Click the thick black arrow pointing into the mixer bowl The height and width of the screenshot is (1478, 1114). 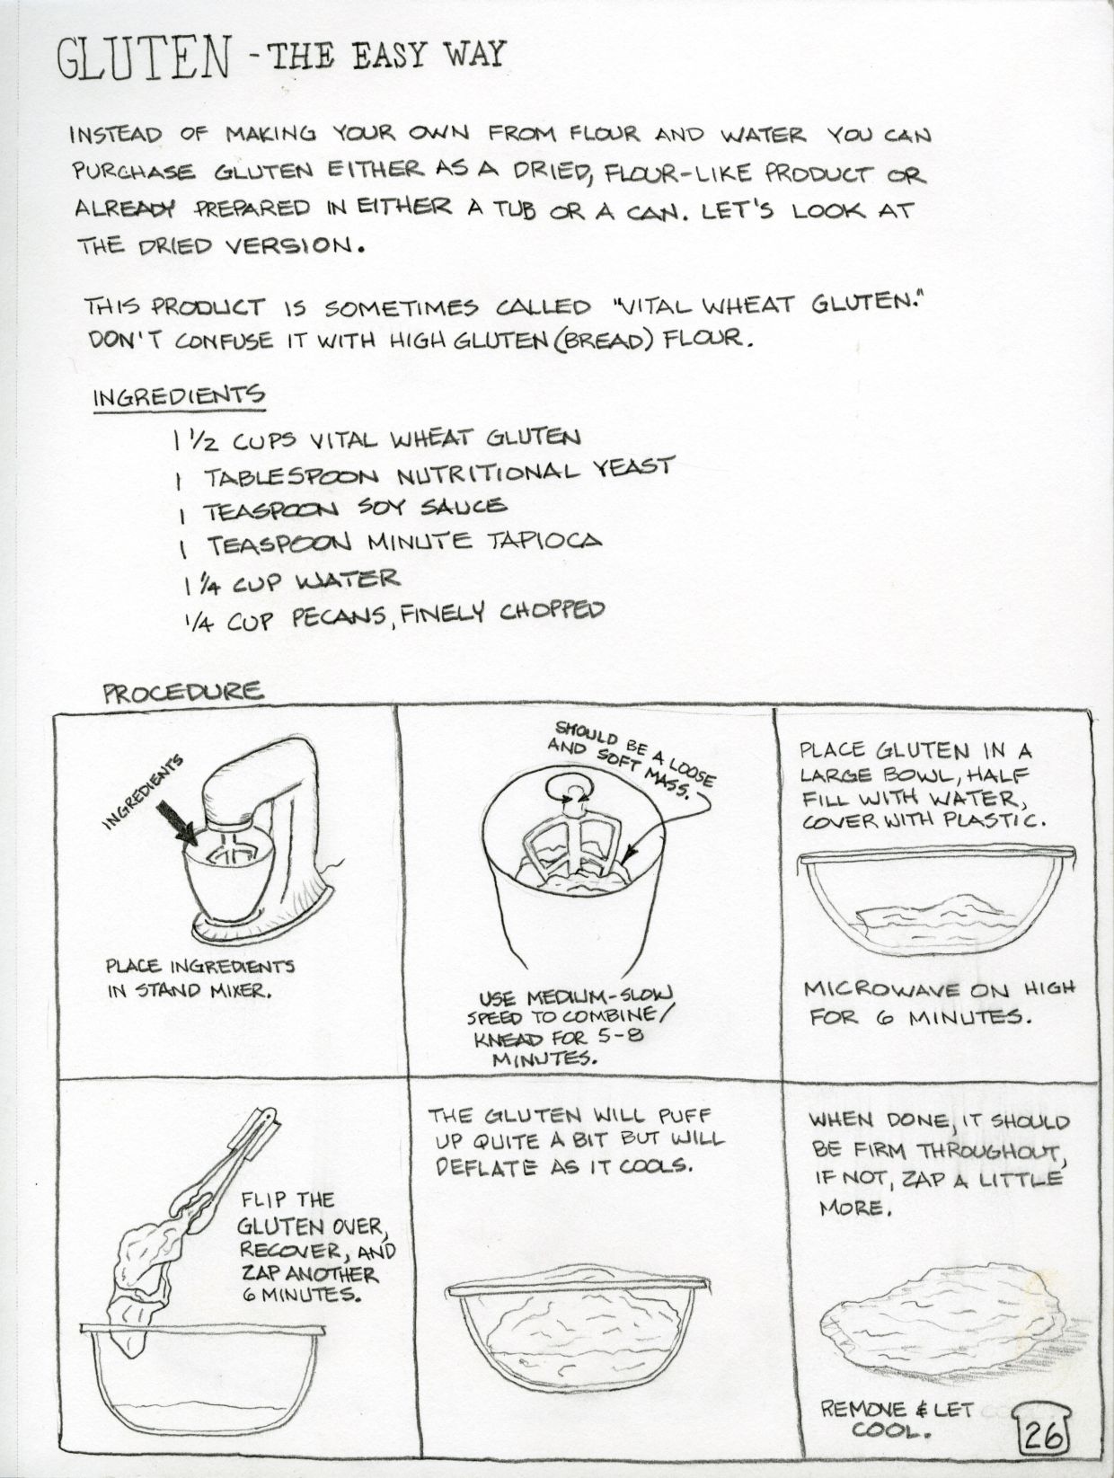(x=176, y=824)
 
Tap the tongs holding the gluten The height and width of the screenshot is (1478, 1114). (x=222, y=1171)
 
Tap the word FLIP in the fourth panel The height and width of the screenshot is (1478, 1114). (x=263, y=1198)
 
